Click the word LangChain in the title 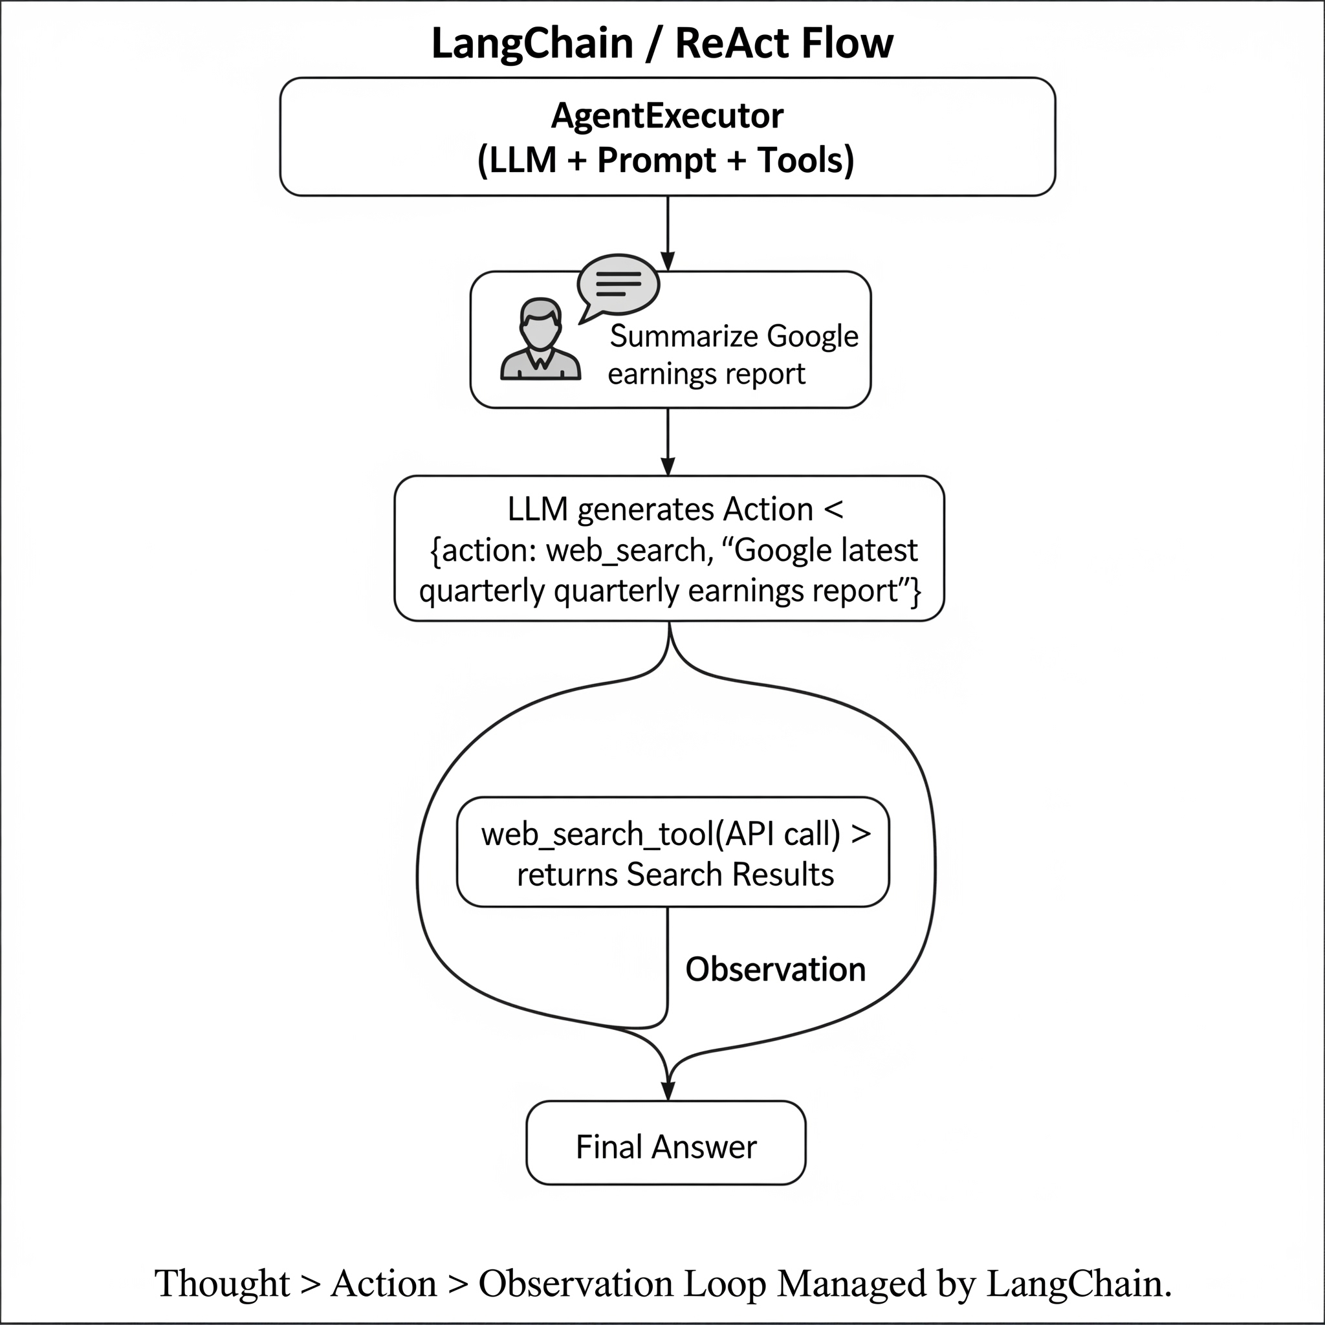tap(532, 45)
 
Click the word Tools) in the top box tap(806, 161)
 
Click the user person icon tap(540, 340)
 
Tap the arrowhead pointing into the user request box tap(667, 262)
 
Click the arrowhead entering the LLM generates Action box tap(667, 466)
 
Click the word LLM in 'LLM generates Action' tap(538, 510)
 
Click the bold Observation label tap(776, 970)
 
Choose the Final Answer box tap(666, 1143)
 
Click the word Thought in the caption tap(222, 1283)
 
